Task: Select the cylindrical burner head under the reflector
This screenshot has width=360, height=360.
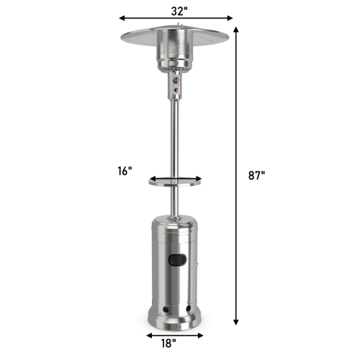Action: tap(176, 58)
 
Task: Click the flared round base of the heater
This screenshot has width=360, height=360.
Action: tap(176, 317)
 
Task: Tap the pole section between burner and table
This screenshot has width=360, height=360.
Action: tap(176, 137)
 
